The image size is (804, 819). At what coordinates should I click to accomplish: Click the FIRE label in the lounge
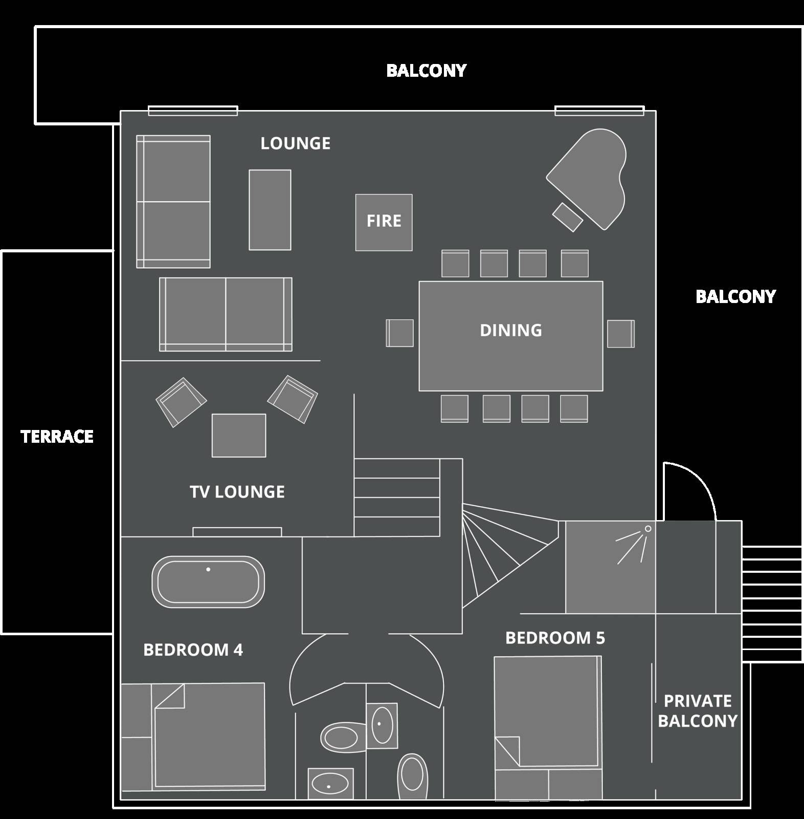384,221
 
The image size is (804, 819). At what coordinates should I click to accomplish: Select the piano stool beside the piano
568,217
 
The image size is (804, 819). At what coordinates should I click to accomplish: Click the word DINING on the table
511,330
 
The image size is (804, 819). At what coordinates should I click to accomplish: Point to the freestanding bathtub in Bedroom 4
208,582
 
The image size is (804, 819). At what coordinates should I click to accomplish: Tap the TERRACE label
57,437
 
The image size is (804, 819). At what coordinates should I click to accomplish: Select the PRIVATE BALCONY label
698,710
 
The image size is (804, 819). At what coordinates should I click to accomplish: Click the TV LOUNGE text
237,492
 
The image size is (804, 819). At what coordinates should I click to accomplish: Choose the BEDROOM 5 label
555,638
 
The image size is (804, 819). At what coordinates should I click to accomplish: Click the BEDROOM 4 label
193,650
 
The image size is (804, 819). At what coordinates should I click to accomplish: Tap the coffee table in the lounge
270,210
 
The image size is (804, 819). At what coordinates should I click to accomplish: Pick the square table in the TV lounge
239,435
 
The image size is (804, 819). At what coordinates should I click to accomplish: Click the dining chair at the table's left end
400,333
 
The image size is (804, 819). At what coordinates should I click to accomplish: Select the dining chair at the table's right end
621,333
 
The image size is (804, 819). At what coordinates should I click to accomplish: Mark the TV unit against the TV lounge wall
237,532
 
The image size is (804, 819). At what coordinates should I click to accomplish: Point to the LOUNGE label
296,143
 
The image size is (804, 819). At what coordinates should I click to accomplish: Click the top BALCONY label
426,71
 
